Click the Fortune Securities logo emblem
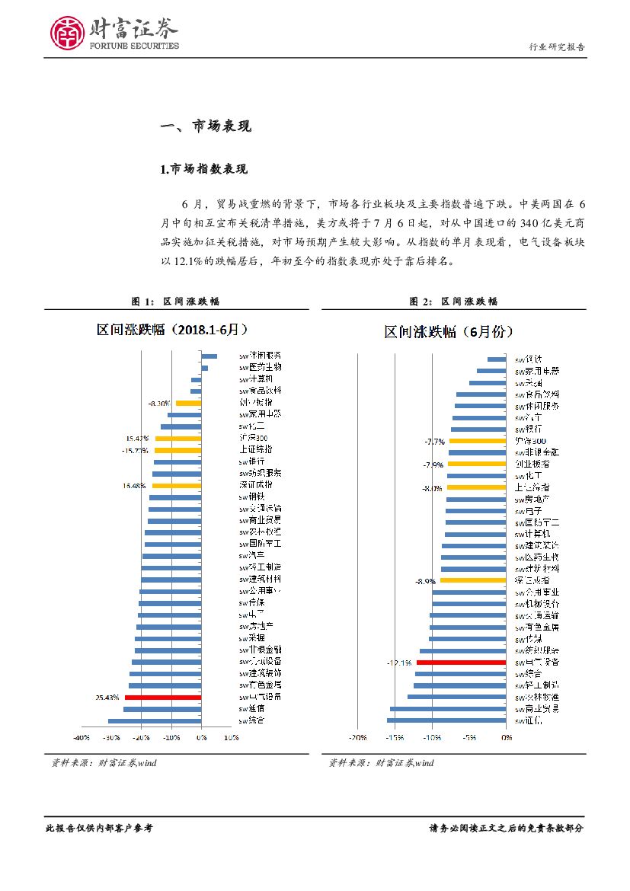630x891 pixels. pos(67,33)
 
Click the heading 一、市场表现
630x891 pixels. pos(206,126)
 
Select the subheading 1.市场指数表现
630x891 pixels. pos(204,168)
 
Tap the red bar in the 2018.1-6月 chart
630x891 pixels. pos(162,697)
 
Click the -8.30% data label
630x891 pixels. pos(159,403)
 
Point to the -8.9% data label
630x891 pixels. pos(425,581)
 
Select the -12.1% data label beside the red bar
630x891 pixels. pos(398,663)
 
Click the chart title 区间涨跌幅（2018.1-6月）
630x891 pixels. pos(171,330)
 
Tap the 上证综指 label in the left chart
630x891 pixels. pos(255,449)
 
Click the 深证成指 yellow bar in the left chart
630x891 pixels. pos(177,485)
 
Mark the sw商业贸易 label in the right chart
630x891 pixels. pos(537,708)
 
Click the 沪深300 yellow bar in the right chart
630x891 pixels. pos(478,440)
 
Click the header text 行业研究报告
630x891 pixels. pos(557,47)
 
